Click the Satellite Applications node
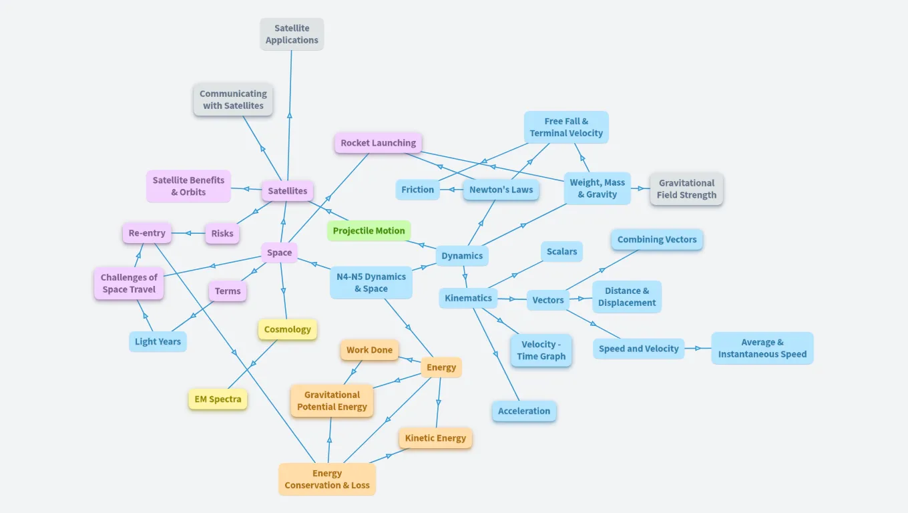292,34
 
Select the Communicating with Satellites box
233,100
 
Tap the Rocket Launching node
378,143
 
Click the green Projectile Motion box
369,231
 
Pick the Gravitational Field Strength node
686,189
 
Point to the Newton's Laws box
501,190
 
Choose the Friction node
418,190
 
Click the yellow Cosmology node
287,329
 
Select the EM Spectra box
218,399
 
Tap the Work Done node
369,350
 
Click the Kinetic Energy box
435,438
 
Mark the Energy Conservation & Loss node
327,480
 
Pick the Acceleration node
524,411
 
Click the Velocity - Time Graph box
541,351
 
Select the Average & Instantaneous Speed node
762,348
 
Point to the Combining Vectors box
656,240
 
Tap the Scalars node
561,252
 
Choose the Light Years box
158,342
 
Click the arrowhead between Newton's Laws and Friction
451,190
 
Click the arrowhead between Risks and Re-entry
188,233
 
